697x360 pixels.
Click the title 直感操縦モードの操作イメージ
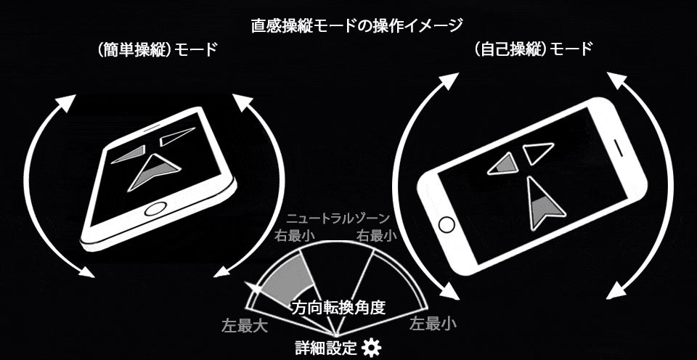coord(357,26)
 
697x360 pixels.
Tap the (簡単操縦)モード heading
coord(157,49)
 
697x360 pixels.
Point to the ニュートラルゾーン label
coord(338,218)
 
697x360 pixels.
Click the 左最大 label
coord(245,326)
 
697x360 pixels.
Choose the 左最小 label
coord(433,324)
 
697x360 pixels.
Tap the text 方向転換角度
coord(338,308)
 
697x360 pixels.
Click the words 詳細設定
coord(326,347)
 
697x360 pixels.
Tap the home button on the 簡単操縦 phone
coord(155,208)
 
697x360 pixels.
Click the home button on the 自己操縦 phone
coord(447,225)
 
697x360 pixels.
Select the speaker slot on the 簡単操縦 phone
coord(151,128)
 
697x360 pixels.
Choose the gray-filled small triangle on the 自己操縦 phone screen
coord(504,164)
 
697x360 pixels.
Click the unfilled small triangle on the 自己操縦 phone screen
coord(537,152)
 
